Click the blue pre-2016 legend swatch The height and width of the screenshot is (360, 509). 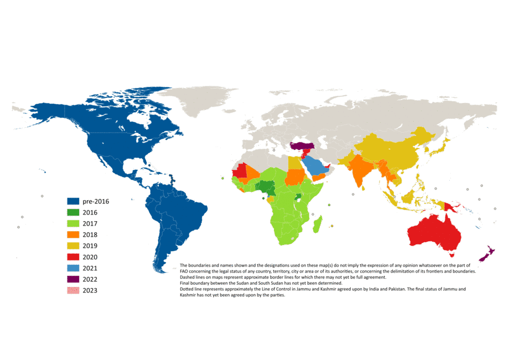point(74,201)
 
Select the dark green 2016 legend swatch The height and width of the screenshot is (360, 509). point(74,212)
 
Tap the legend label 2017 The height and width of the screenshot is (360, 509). point(90,224)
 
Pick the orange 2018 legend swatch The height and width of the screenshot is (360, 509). point(74,235)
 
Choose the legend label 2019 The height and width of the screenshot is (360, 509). point(90,246)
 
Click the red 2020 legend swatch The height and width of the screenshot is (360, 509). point(74,257)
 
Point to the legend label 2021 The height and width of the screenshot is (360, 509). point(90,268)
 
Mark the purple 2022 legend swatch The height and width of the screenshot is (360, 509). point(74,279)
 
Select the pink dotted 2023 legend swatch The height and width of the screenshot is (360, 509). point(74,291)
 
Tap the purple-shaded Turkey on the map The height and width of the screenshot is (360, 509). point(302,146)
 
